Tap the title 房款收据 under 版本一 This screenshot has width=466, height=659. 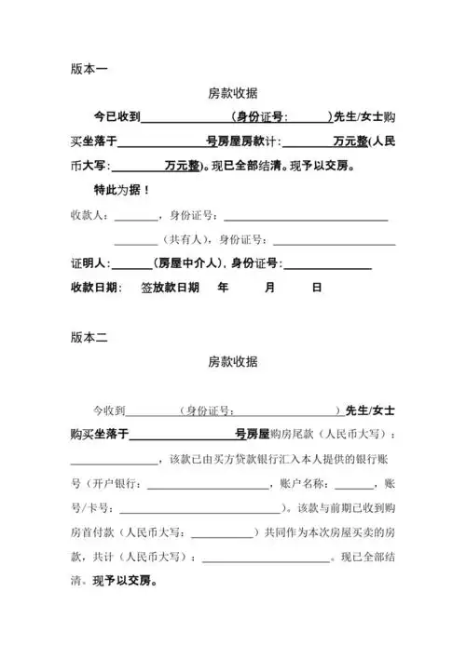tap(232, 93)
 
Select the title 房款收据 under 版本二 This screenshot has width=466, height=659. tap(232, 362)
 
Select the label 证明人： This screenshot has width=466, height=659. tap(90, 264)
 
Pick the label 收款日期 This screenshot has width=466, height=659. tap(94, 289)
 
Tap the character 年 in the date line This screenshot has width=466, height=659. tap(223, 289)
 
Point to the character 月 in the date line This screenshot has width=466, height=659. tap(269, 289)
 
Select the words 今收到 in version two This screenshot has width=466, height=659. tap(107, 410)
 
